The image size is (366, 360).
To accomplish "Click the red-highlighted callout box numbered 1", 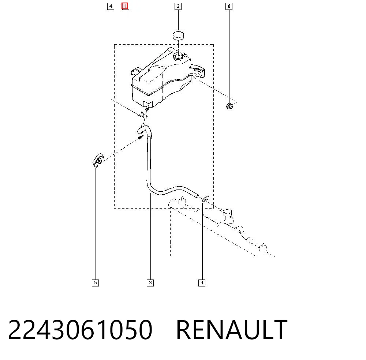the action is pyautogui.click(x=125, y=6).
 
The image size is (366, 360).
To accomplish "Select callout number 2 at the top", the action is pyautogui.click(x=178, y=6).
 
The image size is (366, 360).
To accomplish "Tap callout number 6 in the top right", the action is pyautogui.click(x=229, y=6).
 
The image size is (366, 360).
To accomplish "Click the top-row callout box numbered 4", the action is pyautogui.click(x=111, y=6).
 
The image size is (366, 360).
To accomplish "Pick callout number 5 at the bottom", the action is pyautogui.click(x=95, y=283).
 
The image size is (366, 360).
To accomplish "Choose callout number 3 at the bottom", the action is pyautogui.click(x=150, y=283).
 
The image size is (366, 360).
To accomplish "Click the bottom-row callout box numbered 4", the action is pyautogui.click(x=202, y=283).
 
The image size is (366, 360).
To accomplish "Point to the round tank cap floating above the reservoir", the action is pyautogui.click(x=178, y=35).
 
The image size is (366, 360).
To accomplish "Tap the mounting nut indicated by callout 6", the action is pyautogui.click(x=229, y=106).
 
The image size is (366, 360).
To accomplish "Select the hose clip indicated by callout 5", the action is pyautogui.click(x=98, y=160).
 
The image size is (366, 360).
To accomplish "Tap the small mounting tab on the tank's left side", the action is pyautogui.click(x=135, y=71).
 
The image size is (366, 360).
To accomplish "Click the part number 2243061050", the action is pyautogui.click(x=80, y=330).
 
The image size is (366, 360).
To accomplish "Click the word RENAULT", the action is pyautogui.click(x=232, y=330).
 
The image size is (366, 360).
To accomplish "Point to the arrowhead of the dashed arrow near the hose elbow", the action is pyautogui.click(x=141, y=136).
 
